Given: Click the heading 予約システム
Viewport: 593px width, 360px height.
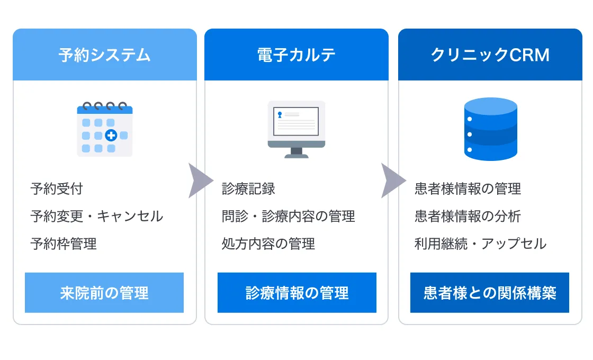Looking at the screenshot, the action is pyautogui.click(x=104, y=55).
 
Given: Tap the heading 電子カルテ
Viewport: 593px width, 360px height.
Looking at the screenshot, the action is pyautogui.click(x=296, y=55).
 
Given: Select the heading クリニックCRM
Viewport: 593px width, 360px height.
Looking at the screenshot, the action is pyautogui.click(x=490, y=55).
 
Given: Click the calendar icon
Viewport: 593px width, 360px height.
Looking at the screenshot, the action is pyautogui.click(x=105, y=129).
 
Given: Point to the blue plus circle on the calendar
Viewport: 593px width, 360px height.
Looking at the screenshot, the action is pyautogui.click(x=111, y=135).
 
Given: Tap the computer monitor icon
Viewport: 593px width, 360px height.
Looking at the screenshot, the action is pyautogui.click(x=296, y=129).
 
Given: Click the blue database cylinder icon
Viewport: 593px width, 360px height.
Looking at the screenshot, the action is pyautogui.click(x=490, y=129).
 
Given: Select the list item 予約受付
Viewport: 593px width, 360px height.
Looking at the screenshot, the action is pyautogui.click(x=57, y=188).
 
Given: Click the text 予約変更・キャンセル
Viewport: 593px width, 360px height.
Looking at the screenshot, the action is pyautogui.click(x=97, y=217).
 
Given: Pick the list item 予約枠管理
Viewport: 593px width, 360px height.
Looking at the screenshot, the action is pyautogui.click(x=64, y=244).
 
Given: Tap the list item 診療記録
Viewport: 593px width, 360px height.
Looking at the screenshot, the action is pyautogui.click(x=248, y=188).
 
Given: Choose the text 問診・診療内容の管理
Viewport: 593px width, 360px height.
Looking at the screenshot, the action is pyautogui.click(x=288, y=217).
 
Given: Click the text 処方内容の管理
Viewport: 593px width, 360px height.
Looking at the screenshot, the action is pyautogui.click(x=268, y=244).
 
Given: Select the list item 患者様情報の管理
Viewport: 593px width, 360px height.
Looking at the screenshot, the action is pyautogui.click(x=468, y=188).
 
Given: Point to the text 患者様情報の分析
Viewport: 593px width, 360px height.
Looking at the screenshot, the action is pyautogui.click(x=468, y=217).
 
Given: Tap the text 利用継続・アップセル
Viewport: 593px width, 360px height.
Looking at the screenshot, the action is pyautogui.click(x=481, y=244).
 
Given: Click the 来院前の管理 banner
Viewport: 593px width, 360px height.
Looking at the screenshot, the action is pyautogui.click(x=104, y=293).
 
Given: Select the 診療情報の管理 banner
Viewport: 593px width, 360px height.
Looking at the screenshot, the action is pyautogui.click(x=297, y=293).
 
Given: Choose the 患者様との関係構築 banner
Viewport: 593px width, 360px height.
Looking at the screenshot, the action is pyautogui.click(x=490, y=293).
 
